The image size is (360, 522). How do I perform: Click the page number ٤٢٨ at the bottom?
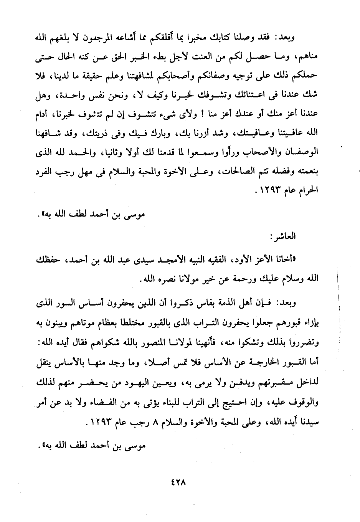pos(179,482)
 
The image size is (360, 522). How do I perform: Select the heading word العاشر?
pos(283,237)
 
